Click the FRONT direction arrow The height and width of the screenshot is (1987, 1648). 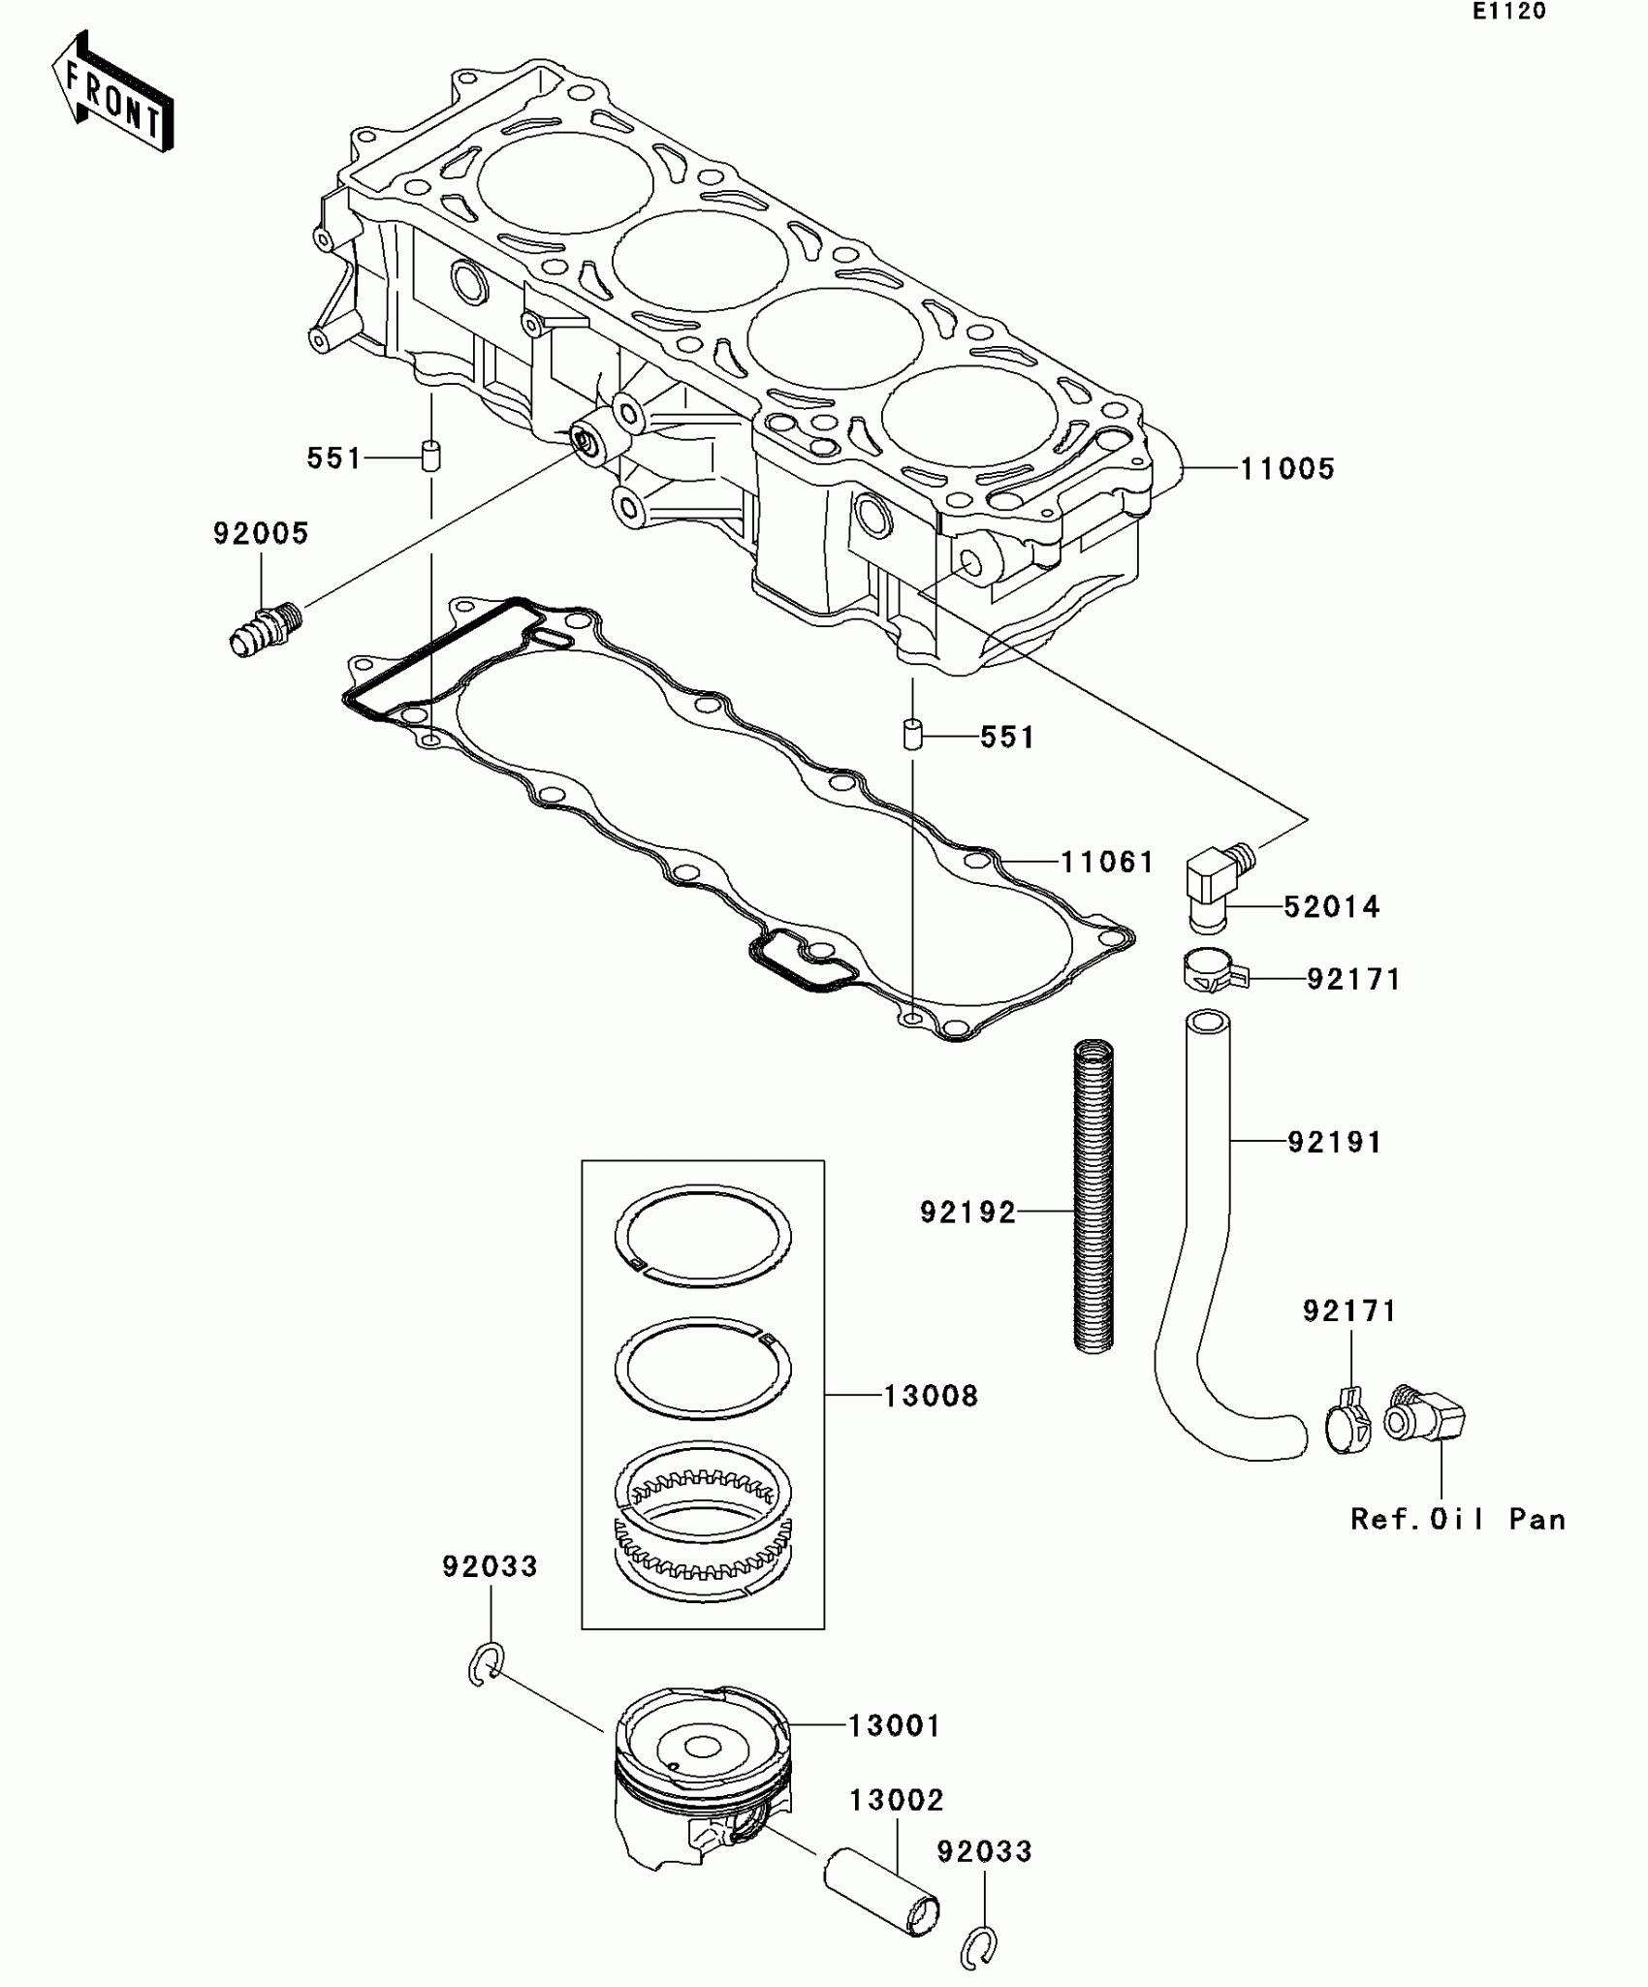(x=111, y=91)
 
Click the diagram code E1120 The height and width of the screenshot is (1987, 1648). (x=1508, y=13)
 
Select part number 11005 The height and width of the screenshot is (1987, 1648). (x=1286, y=469)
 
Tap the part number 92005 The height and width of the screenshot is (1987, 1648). (x=261, y=534)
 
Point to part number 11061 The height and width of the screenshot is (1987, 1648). (x=1106, y=862)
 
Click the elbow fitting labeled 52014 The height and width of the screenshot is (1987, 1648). (x=1218, y=882)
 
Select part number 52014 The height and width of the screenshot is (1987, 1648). (x=1331, y=907)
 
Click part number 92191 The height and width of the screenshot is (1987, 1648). (x=1334, y=1143)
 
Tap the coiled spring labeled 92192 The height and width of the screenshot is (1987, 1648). (x=1094, y=1198)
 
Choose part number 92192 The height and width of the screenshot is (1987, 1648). (x=967, y=1213)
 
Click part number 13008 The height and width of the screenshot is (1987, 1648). (x=930, y=1397)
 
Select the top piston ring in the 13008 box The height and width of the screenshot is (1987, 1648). (x=703, y=1237)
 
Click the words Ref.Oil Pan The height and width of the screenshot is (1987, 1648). (x=1457, y=1519)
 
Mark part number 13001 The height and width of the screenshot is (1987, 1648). (x=894, y=1726)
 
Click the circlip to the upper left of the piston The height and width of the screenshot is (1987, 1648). (x=485, y=1665)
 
